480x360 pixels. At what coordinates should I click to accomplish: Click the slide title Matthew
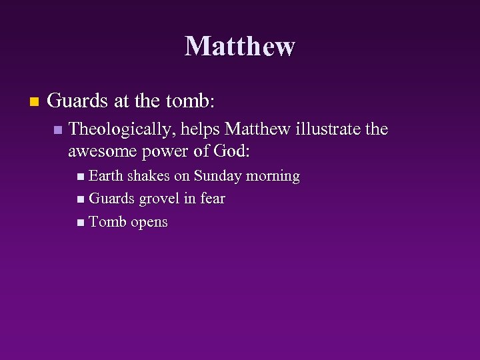tap(239, 47)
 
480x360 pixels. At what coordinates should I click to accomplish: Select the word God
tap(231, 151)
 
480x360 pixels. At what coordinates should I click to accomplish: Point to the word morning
tap(273, 177)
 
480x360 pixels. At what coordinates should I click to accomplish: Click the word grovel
tap(160, 199)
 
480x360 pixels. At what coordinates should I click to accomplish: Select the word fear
tap(212, 199)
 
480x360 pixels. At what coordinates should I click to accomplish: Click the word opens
tap(149, 223)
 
